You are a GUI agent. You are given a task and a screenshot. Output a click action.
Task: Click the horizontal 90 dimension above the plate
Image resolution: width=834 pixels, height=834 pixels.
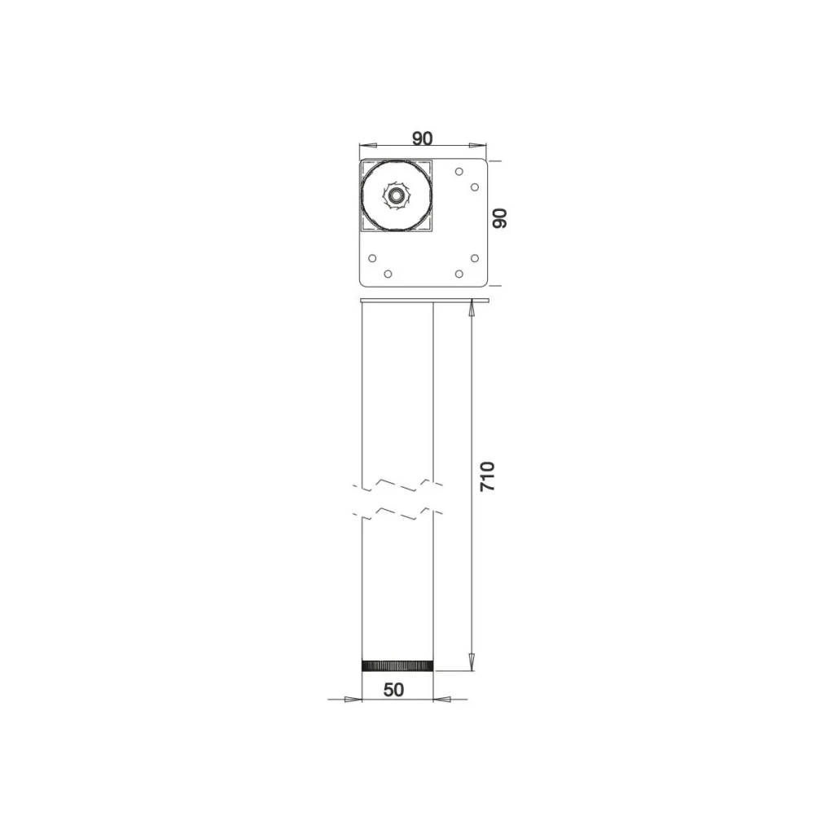[423, 138]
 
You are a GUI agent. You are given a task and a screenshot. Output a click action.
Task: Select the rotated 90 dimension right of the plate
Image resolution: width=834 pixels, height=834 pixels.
[499, 218]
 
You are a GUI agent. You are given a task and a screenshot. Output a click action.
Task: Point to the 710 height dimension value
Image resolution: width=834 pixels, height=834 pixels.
[487, 476]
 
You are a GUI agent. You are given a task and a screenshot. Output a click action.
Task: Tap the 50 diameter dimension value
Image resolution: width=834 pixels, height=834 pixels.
[393, 689]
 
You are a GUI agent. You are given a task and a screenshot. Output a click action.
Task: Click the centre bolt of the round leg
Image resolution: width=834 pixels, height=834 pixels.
[395, 195]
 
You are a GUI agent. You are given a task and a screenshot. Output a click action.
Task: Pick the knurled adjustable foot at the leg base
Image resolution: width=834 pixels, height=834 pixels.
[397, 665]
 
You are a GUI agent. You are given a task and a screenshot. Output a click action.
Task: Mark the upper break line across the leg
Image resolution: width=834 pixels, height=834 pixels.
[397, 485]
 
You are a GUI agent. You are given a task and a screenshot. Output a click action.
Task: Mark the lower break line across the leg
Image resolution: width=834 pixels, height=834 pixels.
[397, 514]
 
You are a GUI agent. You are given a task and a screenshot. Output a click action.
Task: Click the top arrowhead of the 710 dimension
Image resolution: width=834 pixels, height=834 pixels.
[472, 307]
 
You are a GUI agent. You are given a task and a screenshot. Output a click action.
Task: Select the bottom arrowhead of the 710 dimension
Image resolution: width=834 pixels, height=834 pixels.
[472, 663]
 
